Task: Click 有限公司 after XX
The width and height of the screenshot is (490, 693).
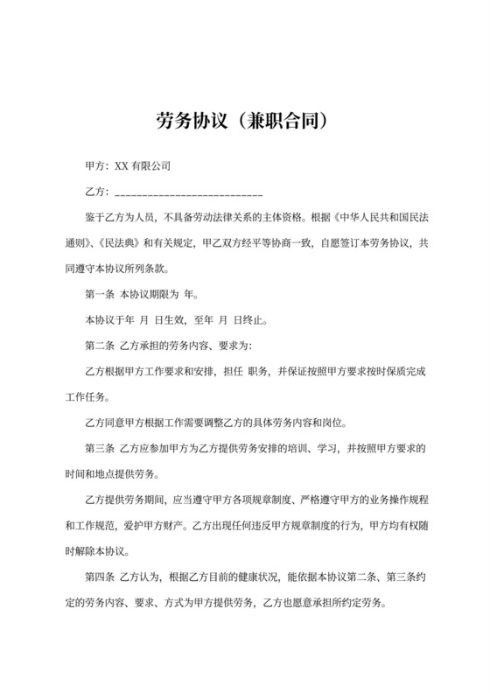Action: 151,165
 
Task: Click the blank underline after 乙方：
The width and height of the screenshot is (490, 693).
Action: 188,192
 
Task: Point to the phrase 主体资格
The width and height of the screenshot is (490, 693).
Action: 288,217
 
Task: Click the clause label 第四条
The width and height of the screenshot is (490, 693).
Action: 99,578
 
